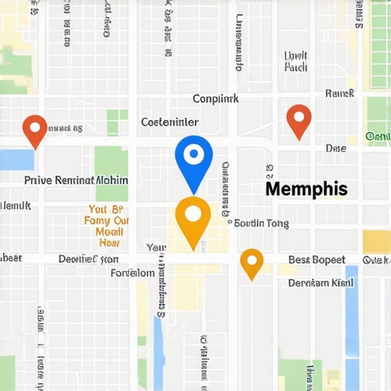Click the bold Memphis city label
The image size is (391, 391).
click(x=305, y=189)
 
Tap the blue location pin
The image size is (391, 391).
click(x=193, y=161)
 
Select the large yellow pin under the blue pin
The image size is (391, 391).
click(x=192, y=220)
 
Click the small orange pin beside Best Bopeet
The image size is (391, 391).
click(x=251, y=263)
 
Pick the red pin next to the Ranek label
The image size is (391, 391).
click(x=299, y=121)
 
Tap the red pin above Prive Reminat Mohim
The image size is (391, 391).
click(x=34, y=130)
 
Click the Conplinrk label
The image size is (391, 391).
click(x=215, y=99)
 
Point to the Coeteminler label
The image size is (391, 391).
click(x=170, y=122)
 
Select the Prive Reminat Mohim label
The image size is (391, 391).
click(x=76, y=180)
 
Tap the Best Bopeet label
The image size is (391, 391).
click(x=316, y=260)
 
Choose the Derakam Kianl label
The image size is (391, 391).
click(x=321, y=283)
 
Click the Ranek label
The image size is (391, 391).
click(x=339, y=93)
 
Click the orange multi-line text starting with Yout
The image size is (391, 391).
click(x=107, y=225)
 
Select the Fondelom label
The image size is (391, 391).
click(x=132, y=273)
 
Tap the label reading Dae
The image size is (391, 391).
click(x=335, y=148)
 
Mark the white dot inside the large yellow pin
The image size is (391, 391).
click(x=192, y=214)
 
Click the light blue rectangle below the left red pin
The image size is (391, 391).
click(x=17, y=160)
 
